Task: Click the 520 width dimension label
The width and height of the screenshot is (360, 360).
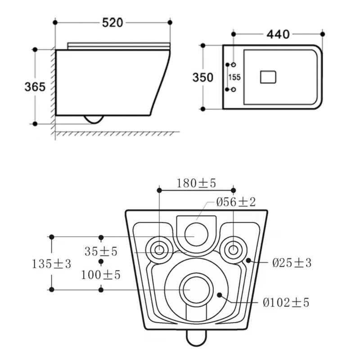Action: (112, 23)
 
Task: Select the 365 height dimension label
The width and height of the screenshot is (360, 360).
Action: (35, 87)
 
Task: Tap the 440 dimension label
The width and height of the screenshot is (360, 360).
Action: (278, 35)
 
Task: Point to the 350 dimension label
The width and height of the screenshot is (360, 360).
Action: (203, 77)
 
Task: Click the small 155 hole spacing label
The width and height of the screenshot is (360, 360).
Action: (234, 77)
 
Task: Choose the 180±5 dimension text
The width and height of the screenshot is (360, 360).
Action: (196, 183)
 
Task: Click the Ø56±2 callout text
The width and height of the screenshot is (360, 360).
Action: (236, 202)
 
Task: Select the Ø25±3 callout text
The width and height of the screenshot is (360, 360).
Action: (292, 263)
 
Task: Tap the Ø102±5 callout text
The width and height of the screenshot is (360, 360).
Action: (286, 302)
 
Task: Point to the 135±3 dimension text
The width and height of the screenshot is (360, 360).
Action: (51, 264)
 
